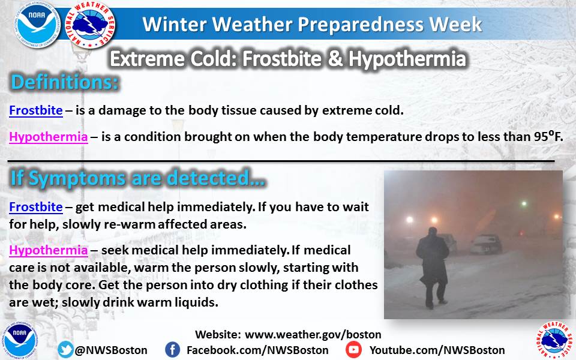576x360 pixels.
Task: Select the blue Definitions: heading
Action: point(65,82)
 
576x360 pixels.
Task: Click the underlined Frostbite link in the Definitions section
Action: point(36,110)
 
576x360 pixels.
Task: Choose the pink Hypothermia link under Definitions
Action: point(49,137)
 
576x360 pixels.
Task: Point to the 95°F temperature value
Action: point(548,136)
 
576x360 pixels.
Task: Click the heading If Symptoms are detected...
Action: point(138,178)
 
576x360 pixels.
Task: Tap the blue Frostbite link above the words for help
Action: point(36,207)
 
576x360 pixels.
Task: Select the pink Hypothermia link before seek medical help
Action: point(49,250)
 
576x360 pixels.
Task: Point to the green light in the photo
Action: point(524,203)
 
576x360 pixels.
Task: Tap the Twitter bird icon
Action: point(65,349)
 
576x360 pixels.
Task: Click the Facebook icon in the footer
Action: point(172,349)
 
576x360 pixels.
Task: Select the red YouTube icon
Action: point(353,349)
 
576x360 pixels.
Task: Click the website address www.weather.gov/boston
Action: point(313,335)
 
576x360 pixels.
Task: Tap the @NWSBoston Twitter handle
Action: point(111,350)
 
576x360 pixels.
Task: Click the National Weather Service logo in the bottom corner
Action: point(554,341)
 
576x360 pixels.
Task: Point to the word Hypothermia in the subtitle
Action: point(407,59)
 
